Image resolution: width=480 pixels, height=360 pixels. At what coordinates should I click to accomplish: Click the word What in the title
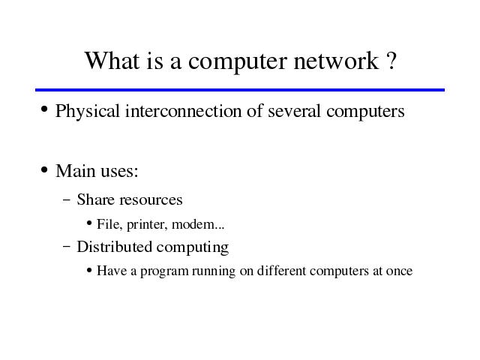point(112,60)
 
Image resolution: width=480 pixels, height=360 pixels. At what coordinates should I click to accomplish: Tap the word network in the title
point(337,60)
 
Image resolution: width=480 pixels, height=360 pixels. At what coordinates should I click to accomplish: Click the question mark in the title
point(391,60)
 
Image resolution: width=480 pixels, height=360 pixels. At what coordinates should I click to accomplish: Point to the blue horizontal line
point(240,90)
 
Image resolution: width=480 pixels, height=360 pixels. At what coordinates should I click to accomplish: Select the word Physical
point(87,111)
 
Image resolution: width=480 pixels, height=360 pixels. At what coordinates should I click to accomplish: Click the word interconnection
point(183,110)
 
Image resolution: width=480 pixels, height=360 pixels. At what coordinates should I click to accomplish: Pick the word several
point(294,110)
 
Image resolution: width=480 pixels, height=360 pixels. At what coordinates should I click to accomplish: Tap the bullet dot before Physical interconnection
point(44,109)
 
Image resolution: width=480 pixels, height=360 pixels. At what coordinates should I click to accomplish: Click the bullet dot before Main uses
point(44,169)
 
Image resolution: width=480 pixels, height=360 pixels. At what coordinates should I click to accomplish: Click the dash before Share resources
point(67,200)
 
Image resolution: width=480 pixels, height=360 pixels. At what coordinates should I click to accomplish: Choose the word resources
point(151,200)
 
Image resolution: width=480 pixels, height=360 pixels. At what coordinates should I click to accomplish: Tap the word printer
point(147,225)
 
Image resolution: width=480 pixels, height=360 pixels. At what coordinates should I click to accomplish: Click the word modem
point(193,224)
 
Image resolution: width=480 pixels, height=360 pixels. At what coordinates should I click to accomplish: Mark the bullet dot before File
point(89,223)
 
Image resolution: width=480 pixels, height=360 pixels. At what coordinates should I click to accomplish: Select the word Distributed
point(115,247)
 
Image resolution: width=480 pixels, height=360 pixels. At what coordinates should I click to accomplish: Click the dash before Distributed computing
point(67,246)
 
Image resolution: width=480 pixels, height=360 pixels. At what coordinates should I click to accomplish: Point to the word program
point(164,271)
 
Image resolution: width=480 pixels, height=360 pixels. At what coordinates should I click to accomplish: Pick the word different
point(281,271)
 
